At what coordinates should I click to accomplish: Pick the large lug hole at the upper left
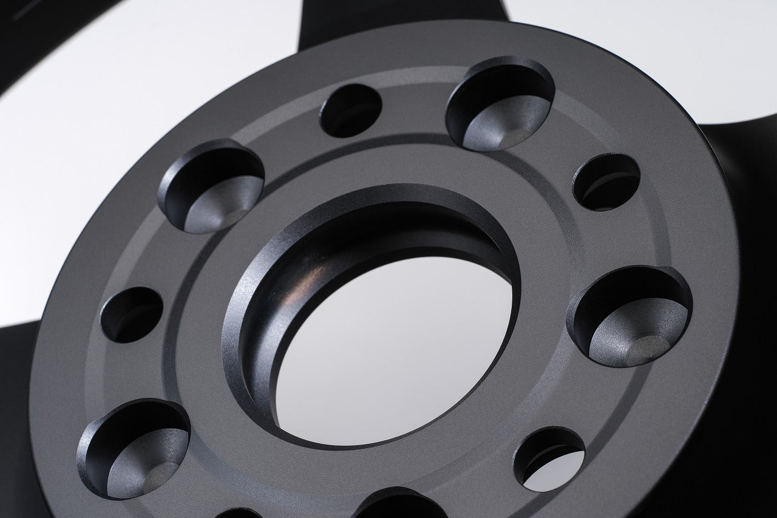pos(211,185)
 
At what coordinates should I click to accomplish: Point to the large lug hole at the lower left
pos(133,447)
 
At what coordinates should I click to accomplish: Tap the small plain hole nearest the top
pos(351,110)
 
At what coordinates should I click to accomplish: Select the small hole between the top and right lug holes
pos(606,182)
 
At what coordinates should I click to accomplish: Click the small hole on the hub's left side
pos(132,313)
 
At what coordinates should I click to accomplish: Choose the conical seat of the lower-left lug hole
pos(146,465)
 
